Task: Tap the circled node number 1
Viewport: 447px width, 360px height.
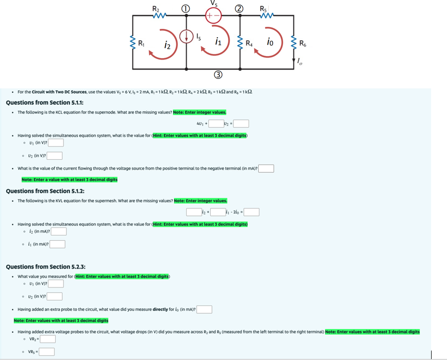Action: coord(185,7)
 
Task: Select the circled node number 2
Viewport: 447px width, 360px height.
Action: coord(240,7)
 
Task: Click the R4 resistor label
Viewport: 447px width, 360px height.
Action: coord(250,43)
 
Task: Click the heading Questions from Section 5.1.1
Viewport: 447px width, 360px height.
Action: coord(44,103)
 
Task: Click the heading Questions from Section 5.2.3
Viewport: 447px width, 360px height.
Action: coord(45,267)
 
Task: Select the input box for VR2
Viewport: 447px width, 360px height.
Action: coord(48,340)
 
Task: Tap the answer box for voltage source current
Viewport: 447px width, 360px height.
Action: coord(266,168)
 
